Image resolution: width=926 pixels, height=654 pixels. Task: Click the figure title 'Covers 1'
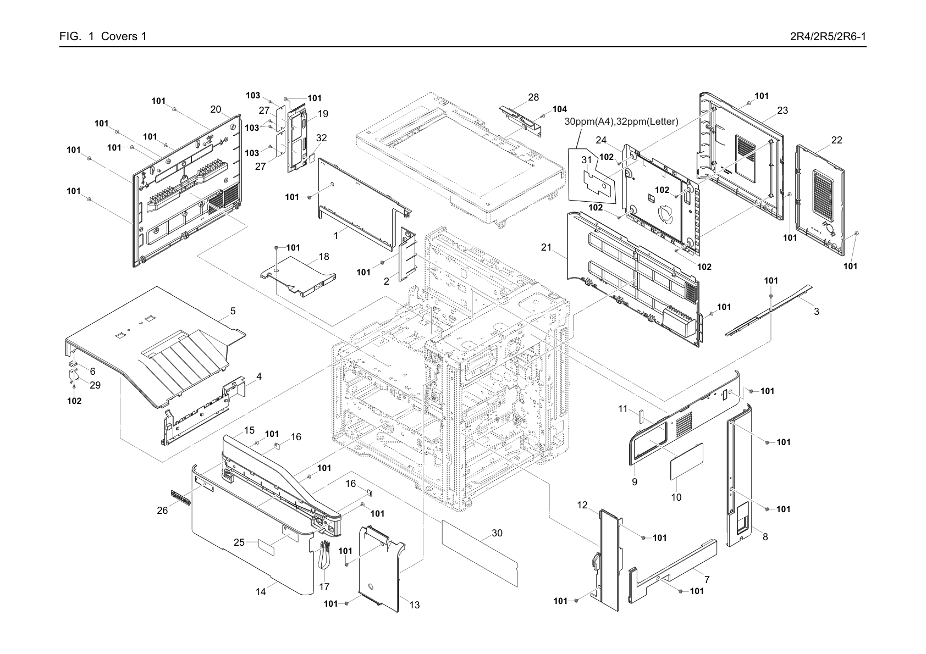[124, 36]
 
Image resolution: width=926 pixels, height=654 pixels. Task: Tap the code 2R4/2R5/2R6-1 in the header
[828, 36]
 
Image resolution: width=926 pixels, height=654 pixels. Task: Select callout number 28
[533, 97]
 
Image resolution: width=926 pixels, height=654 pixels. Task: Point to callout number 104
[560, 109]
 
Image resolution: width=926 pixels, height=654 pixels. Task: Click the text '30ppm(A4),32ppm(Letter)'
[621, 121]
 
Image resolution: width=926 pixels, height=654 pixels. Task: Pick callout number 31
[587, 160]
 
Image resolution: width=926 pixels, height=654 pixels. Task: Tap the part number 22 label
[837, 140]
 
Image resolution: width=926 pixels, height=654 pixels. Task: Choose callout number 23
[782, 110]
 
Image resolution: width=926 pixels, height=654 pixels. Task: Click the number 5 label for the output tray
[233, 311]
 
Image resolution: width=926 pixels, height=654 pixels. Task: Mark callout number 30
[497, 533]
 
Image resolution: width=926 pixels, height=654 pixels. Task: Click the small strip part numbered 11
[641, 417]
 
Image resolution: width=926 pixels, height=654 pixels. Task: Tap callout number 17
[324, 586]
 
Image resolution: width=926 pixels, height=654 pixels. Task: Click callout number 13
[414, 605]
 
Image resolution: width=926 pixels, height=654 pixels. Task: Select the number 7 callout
[707, 580]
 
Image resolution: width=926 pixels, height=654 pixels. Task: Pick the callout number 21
[547, 247]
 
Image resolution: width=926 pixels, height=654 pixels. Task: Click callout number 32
[321, 137]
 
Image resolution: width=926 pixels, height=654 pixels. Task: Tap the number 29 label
[95, 385]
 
